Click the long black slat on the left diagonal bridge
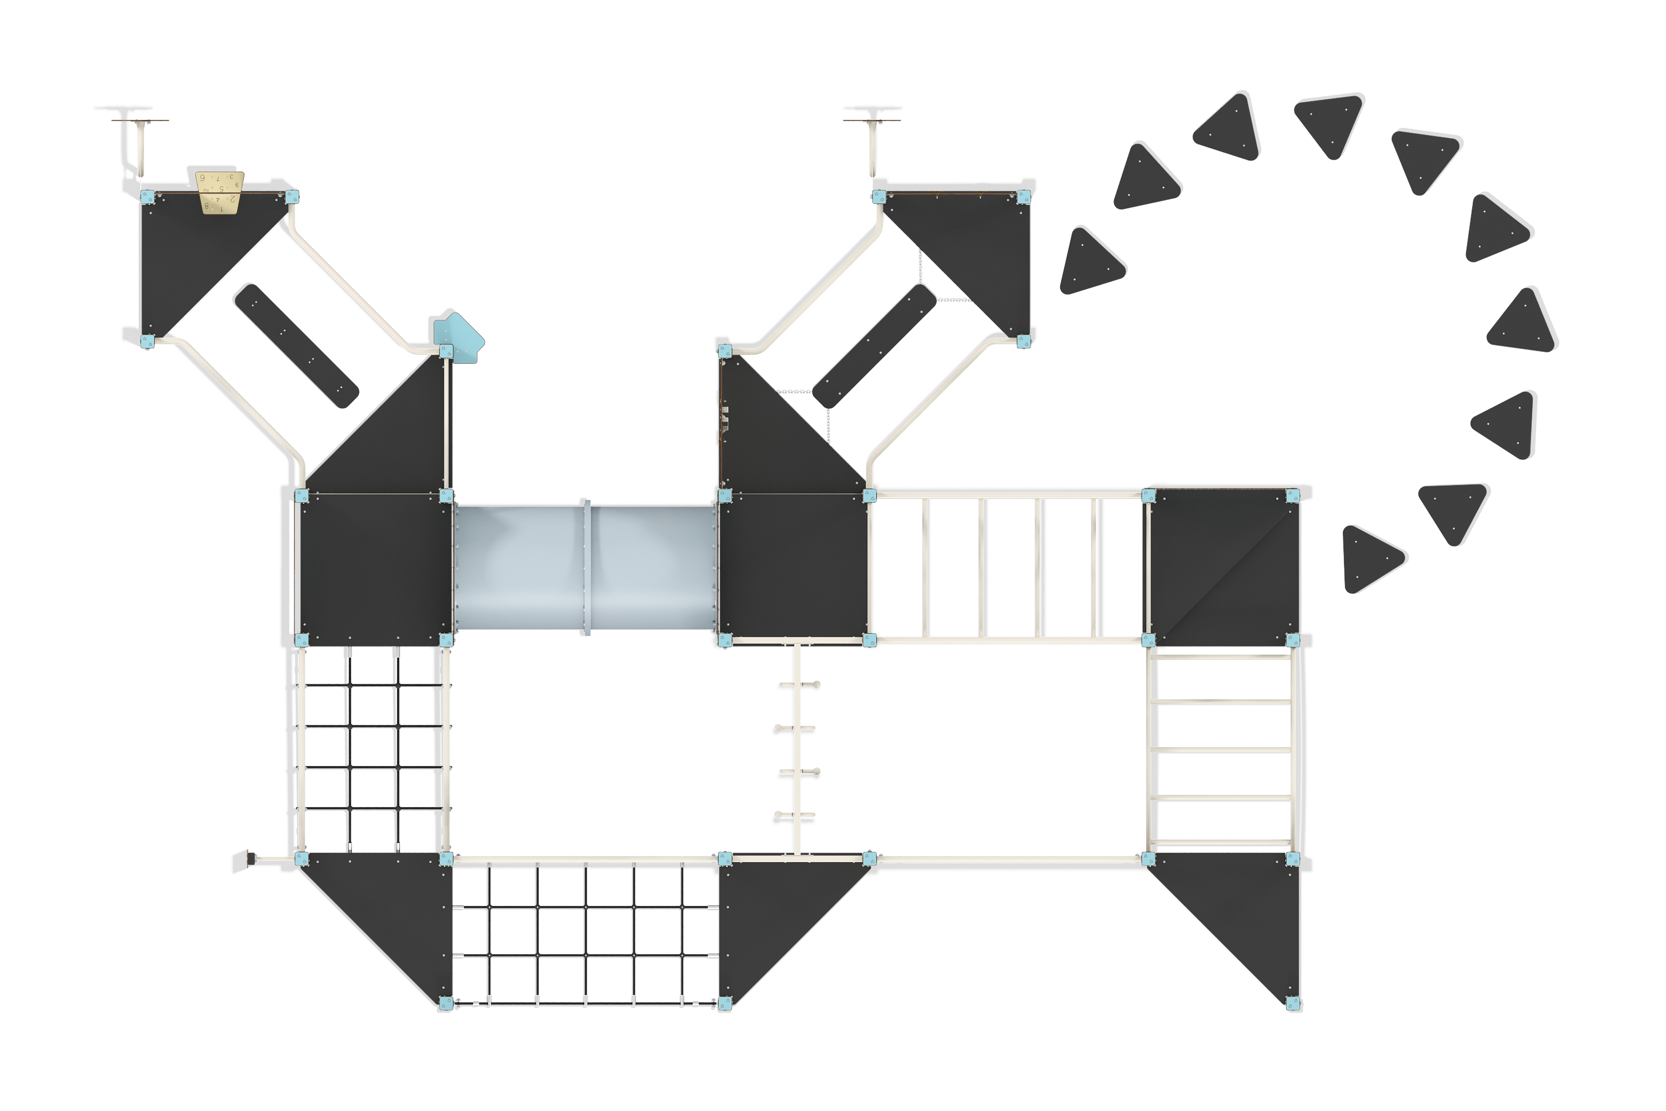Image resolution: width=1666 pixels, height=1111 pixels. click(295, 345)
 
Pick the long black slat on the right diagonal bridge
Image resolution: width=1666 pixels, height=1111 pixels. click(875, 345)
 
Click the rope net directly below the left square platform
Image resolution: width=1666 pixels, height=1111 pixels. click(374, 751)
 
